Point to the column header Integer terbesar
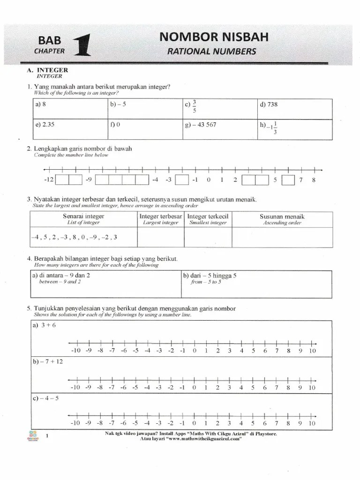[x=161, y=217]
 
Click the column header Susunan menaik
[x=282, y=217]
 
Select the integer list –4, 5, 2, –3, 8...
[x=74, y=237]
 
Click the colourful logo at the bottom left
[x=33, y=436]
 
